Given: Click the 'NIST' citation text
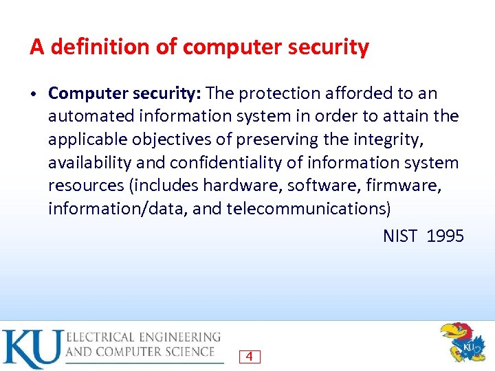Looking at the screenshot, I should [400, 236].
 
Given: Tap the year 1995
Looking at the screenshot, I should [445, 236].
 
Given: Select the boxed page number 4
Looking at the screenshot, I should [250, 357].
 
